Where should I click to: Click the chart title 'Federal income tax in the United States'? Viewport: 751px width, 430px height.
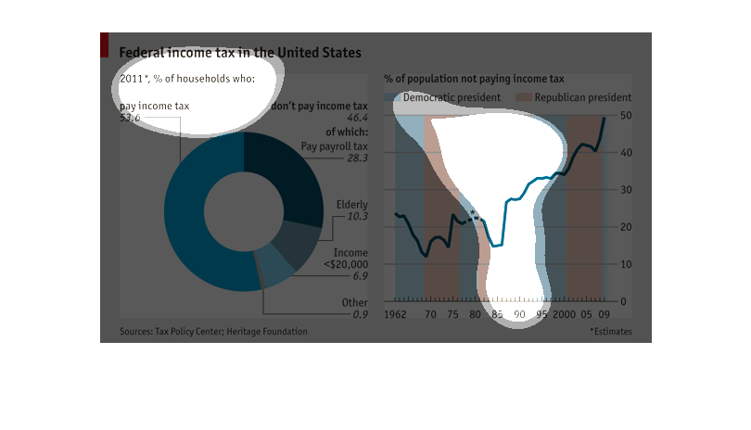[x=240, y=53]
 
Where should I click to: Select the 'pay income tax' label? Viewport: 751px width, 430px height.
[x=155, y=106]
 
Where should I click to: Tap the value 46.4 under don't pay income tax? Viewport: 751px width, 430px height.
[x=357, y=119]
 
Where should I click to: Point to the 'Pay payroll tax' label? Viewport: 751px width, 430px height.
[x=335, y=145]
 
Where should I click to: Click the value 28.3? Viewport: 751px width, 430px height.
[x=357, y=158]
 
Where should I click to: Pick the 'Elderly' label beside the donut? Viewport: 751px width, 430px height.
[x=351, y=204]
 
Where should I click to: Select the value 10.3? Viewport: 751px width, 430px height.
[x=357, y=217]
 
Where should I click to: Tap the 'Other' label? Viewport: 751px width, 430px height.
[x=354, y=302]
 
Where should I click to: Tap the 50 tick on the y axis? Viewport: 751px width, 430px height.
[x=625, y=115]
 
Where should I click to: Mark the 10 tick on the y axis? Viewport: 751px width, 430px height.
[x=625, y=264]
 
